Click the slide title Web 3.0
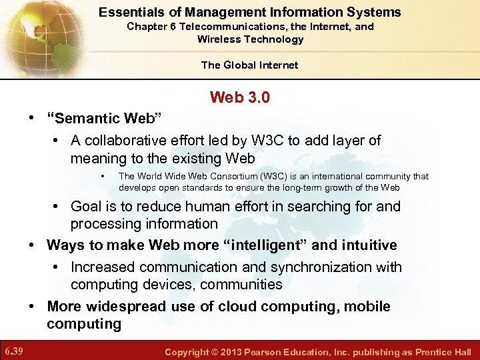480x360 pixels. click(240, 98)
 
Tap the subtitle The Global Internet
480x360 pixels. click(249, 65)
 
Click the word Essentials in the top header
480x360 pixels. click(127, 12)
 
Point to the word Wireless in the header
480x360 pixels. click(219, 39)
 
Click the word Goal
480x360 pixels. click(87, 206)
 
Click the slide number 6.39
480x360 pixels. click(14, 351)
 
